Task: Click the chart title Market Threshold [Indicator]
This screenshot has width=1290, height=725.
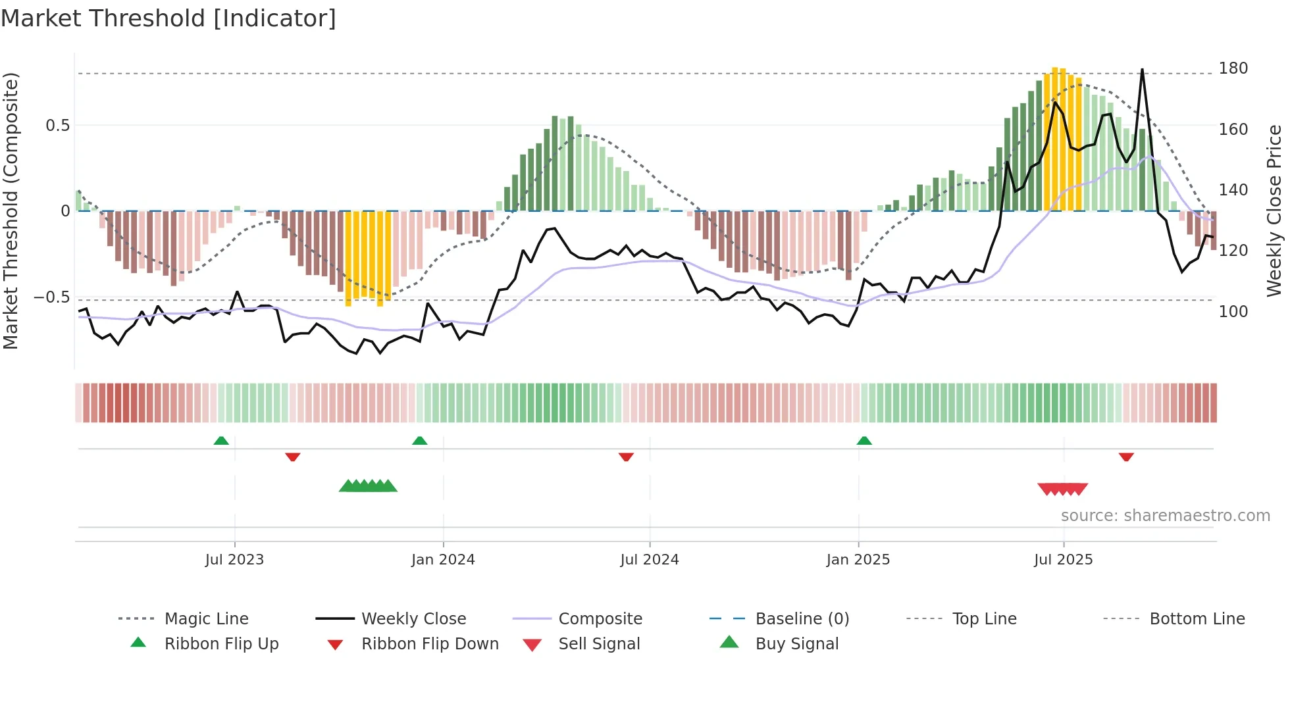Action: coord(168,18)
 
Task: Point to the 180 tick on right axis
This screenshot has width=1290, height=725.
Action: coord(1233,68)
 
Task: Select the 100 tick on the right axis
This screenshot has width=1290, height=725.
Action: coord(1233,311)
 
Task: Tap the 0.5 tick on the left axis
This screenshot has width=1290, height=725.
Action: coord(57,126)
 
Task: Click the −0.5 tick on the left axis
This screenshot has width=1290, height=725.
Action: coord(52,297)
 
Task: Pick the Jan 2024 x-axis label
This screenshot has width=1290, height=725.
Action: coord(443,560)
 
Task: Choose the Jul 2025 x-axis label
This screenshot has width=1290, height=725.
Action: coord(1063,560)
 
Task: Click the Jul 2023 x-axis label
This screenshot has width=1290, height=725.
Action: coord(234,560)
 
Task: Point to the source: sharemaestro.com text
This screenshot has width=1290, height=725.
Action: coord(1165,516)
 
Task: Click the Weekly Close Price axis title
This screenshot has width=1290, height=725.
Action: coord(1274,211)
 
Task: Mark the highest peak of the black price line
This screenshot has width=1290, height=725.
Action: coord(1142,70)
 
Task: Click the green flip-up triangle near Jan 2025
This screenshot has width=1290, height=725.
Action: coord(864,441)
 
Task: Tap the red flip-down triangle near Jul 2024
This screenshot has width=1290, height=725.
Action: coord(626,457)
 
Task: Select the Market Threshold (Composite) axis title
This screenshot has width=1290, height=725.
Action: coord(11,211)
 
